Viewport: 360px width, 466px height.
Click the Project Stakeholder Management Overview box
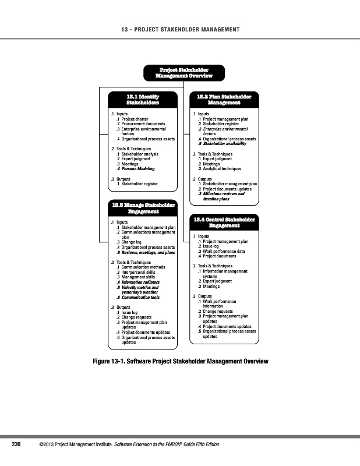pos(183,73)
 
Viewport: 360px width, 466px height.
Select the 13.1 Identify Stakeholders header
pos(143,99)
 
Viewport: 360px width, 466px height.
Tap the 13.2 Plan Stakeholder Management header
pos(224,99)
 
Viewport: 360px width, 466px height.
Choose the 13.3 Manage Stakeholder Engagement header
pos(143,208)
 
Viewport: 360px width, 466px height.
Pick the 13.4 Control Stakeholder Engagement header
pos(224,223)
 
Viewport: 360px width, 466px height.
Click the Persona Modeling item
pos(138,168)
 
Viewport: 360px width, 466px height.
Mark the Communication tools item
pos(140,298)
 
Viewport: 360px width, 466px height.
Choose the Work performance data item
pos(224,251)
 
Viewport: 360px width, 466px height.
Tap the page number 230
pos(17,444)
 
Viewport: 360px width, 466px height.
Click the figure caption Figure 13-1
pos(181,362)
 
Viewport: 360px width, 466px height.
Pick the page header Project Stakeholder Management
pos(180,30)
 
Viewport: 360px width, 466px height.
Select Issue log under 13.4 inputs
pos(211,246)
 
